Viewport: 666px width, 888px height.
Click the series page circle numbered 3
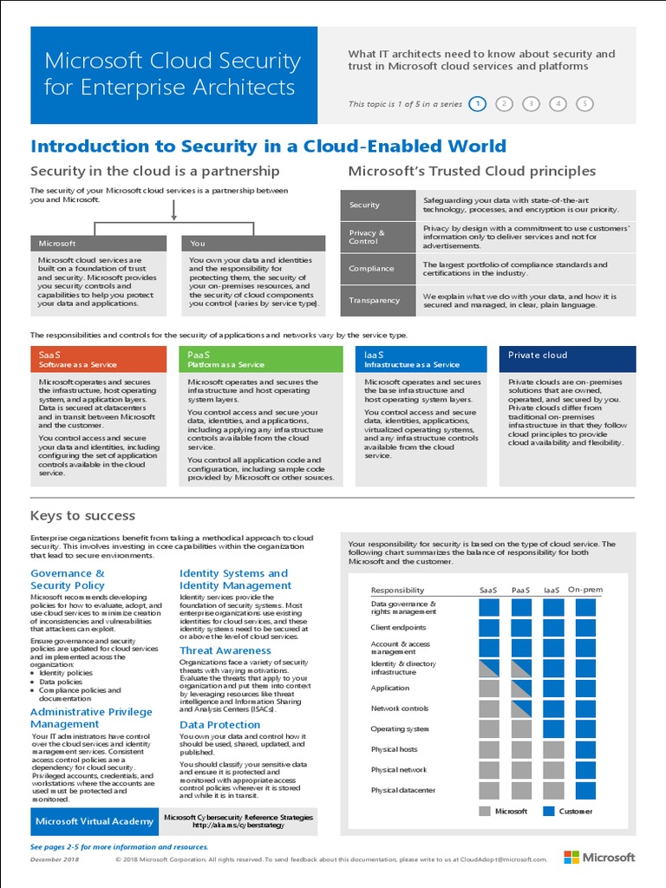pos(531,104)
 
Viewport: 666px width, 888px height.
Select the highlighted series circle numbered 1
pos(477,104)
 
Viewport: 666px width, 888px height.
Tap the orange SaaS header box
pos(98,359)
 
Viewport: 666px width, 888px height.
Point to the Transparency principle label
pos(375,300)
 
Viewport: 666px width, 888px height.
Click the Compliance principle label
pos(372,269)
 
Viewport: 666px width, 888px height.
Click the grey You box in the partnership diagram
pos(252,244)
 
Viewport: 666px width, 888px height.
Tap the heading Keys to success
pos(83,515)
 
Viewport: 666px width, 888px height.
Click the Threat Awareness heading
pos(225,650)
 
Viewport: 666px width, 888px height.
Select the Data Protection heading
pos(220,724)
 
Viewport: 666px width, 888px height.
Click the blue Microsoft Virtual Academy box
pos(94,820)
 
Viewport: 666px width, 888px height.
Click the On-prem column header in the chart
pos(584,590)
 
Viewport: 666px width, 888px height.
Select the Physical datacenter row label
pos(402,790)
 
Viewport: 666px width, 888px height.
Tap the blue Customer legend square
pos(548,811)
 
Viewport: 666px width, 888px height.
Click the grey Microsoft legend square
pos(484,811)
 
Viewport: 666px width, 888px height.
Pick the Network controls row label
pos(399,708)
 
